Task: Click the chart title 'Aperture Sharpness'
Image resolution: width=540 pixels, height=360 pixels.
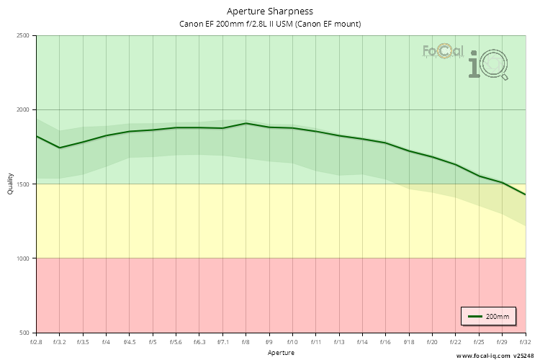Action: point(270,11)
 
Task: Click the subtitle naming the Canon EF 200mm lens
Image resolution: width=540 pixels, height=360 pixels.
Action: point(270,24)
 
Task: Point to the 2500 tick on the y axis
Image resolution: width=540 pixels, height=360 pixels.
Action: point(23,35)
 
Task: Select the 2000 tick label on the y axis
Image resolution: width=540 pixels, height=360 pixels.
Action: point(23,109)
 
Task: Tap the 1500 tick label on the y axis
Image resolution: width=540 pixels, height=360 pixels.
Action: point(23,184)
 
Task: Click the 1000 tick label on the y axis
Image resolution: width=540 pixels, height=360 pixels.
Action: point(23,258)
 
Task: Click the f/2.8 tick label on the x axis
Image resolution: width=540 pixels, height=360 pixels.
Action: point(36,341)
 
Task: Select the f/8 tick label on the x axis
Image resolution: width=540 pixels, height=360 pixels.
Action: point(246,341)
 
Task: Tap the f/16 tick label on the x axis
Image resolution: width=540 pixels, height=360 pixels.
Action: point(386,341)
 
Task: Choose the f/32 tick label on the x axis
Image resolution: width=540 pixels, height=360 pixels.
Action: point(524,341)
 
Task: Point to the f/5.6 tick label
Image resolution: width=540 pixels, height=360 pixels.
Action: point(176,341)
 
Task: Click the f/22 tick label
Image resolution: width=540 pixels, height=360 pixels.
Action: point(456,341)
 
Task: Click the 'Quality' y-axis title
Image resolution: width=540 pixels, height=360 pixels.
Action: point(10,184)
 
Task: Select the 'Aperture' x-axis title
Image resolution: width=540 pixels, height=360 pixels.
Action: point(281,353)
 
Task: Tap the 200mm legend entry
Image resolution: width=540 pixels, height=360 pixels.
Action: point(490,316)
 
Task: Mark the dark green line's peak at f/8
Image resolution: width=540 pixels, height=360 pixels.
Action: point(246,123)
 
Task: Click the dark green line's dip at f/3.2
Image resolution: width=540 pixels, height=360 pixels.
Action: point(60,148)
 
